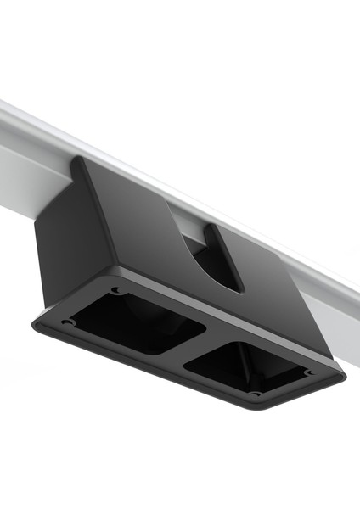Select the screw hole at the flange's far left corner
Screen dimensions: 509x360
[66, 322]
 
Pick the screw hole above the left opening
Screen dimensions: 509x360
[116, 290]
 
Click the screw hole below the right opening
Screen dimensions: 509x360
[254, 394]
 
